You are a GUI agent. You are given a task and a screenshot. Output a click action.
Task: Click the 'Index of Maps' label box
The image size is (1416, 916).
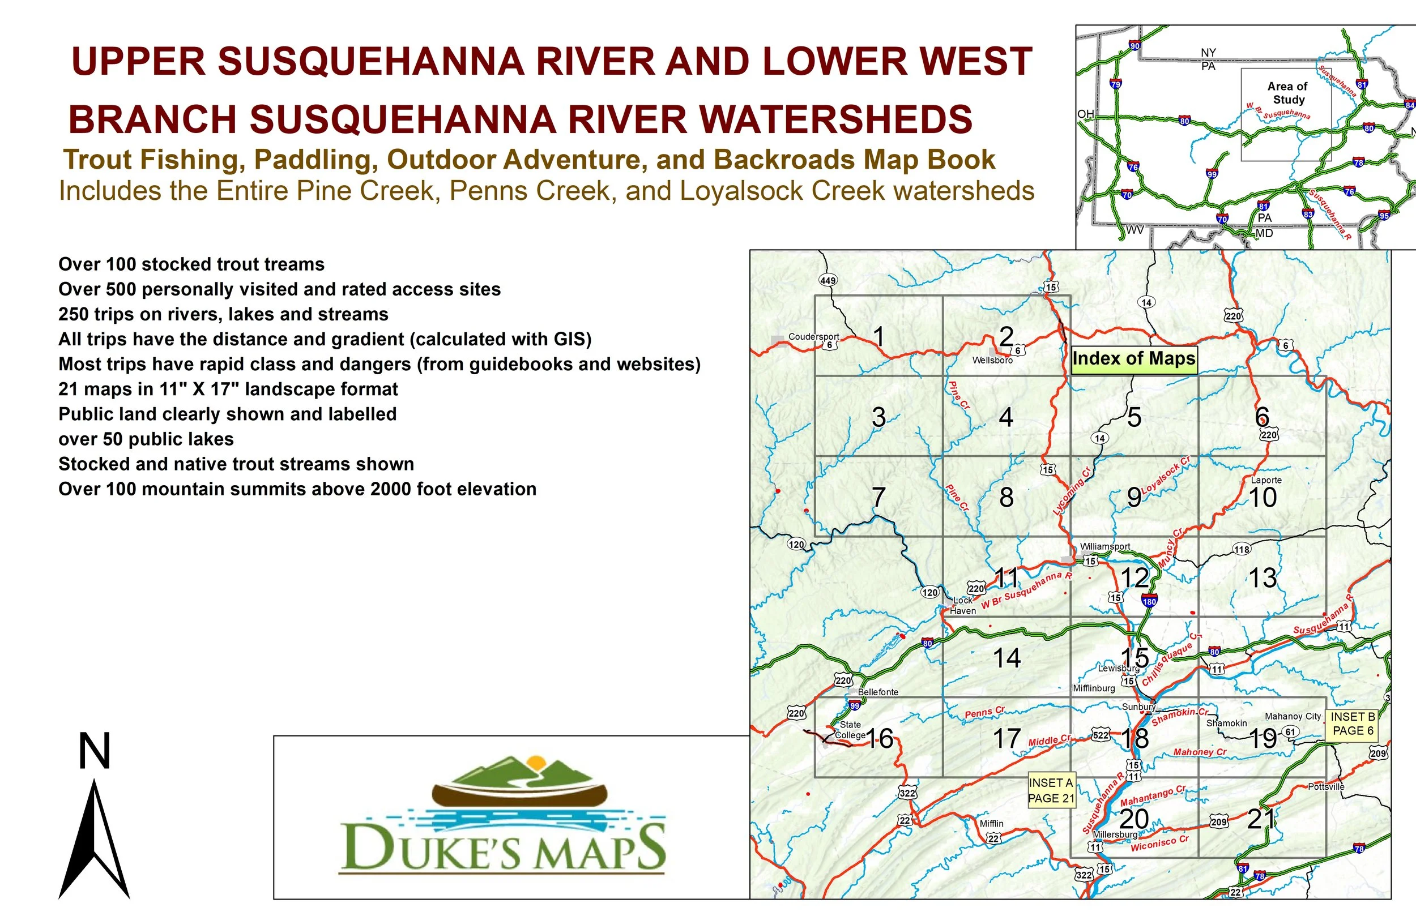point(1133,359)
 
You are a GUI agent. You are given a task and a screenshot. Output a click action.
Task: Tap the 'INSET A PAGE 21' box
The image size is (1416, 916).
point(1051,790)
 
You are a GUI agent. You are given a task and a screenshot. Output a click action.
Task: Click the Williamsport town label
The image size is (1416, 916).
point(1105,546)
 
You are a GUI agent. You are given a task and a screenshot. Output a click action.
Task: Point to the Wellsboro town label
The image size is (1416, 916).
point(992,360)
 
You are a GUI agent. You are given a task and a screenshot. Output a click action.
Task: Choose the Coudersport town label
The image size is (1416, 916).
point(813,336)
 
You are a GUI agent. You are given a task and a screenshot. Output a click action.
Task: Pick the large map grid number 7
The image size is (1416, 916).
point(878,497)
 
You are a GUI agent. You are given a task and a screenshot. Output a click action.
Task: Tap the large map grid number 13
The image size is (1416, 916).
point(1263,578)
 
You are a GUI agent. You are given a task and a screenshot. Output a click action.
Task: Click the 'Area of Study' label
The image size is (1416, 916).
point(1288,93)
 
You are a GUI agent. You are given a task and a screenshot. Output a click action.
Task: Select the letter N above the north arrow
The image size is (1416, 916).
point(95,751)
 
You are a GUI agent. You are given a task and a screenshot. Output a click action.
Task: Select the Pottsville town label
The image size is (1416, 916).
point(1325,786)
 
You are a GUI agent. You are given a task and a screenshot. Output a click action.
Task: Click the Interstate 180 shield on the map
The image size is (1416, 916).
point(1149,601)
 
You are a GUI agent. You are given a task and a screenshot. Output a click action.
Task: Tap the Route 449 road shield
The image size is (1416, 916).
point(828,280)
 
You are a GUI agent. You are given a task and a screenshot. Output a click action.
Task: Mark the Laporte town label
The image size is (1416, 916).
point(1266,480)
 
